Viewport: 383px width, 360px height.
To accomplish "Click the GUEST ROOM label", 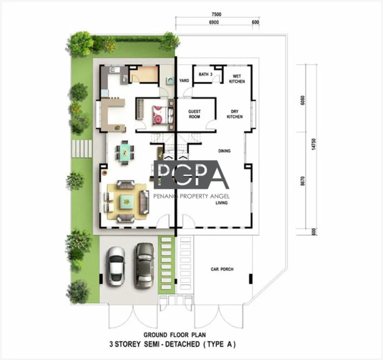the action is tap(194, 114).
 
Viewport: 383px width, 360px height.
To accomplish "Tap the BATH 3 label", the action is tap(205, 74).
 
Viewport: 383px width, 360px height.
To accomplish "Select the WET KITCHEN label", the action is tap(237, 79).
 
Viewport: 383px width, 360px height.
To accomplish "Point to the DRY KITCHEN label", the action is tap(235, 114).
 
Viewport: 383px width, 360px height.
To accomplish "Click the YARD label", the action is tap(184, 81).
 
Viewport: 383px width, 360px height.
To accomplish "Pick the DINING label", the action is tap(224, 151).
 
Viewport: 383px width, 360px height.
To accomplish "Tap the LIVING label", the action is tap(222, 202).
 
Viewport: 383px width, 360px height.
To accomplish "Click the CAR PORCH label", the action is tap(222, 269).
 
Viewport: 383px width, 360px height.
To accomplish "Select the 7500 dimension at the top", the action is tap(216, 14).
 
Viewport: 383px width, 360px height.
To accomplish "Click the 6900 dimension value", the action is tap(214, 22).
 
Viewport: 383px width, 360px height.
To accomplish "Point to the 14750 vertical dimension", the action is tap(314, 144).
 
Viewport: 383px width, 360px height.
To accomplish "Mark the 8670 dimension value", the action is tap(303, 181).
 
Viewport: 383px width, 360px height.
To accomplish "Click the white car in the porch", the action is tap(116, 266).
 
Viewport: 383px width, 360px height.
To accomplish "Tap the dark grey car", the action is tap(145, 265).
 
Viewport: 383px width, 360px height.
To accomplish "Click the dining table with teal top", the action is tap(125, 152).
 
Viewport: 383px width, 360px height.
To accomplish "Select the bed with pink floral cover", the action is tap(160, 115).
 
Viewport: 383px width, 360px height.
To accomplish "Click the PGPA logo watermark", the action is tap(191, 174).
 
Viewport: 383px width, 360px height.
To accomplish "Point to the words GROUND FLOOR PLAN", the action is tap(175, 335).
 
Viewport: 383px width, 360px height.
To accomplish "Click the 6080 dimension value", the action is tap(303, 100).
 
